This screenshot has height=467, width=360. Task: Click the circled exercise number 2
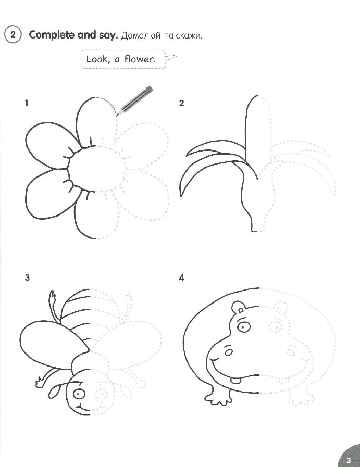pyautogui.click(x=12, y=35)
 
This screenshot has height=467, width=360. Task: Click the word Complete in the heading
pyautogui.click(x=49, y=35)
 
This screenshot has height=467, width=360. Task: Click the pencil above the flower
pyautogui.click(x=135, y=100)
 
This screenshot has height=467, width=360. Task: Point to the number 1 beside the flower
pyautogui.click(x=26, y=103)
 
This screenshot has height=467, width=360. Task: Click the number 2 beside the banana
pyautogui.click(x=181, y=103)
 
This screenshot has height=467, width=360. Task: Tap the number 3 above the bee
pyautogui.click(x=27, y=277)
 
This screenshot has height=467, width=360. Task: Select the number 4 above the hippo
pyautogui.click(x=181, y=277)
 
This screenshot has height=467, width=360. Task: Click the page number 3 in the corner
pyautogui.click(x=348, y=459)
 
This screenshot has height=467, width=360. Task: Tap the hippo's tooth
pyautogui.click(x=237, y=379)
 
